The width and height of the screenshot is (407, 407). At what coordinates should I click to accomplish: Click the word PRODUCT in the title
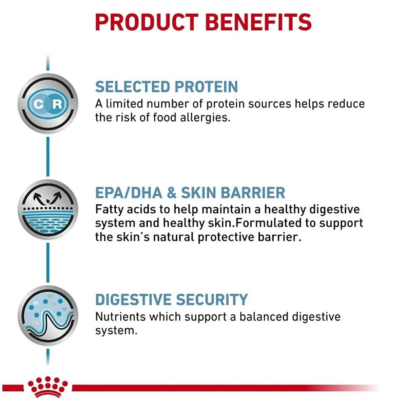coord(147,22)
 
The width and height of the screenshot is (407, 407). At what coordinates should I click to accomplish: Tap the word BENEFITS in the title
coord(258,22)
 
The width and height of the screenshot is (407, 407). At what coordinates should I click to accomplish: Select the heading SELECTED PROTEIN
coord(167,87)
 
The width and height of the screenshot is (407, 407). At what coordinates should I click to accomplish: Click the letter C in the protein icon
coord(38,104)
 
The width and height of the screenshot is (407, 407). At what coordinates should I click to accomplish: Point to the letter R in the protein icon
coord(57,104)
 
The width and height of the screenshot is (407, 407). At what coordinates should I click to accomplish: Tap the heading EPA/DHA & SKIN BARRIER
coord(190,193)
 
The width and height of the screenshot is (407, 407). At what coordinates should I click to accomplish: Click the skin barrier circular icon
coord(48,210)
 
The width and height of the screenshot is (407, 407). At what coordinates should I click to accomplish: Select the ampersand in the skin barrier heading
coord(172,193)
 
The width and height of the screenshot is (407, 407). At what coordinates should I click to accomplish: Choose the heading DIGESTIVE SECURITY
coord(171,299)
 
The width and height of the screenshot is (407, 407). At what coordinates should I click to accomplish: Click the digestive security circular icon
coord(48,315)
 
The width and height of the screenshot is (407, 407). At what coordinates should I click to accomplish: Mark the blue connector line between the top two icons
coord(48,156)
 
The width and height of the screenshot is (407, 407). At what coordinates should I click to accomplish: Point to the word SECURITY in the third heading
coord(212,299)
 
